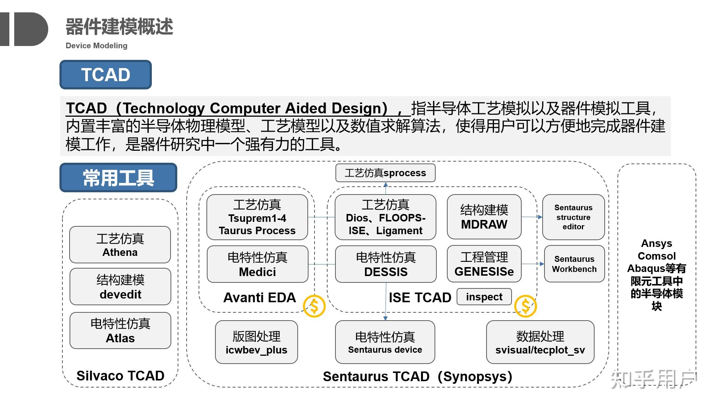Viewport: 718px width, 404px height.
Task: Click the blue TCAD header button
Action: tap(105, 74)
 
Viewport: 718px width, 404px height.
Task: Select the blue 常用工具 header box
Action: tap(118, 178)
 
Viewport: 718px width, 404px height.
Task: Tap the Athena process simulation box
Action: tap(120, 245)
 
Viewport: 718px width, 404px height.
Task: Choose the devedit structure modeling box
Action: tap(120, 287)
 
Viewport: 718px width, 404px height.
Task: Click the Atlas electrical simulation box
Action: tap(120, 331)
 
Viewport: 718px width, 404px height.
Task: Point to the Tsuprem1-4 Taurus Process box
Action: tap(257, 217)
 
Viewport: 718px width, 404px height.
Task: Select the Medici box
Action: tap(257, 264)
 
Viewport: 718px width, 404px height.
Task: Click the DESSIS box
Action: tap(386, 264)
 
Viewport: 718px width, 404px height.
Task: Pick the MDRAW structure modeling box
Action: tap(484, 217)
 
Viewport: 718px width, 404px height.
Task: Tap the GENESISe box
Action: tap(484, 264)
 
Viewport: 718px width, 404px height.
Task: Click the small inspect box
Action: tap(484, 297)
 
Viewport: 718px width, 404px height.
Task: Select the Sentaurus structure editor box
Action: tap(573, 217)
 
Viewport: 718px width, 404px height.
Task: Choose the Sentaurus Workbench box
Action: tap(574, 264)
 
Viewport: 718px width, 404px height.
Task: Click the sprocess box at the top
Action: tap(385, 173)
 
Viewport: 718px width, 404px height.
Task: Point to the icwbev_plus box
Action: tap(256, 342)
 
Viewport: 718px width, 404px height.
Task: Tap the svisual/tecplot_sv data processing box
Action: tap(540, 342)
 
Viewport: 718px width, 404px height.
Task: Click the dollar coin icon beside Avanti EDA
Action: tap(314, 306)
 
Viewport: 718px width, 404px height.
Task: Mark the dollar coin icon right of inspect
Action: tap(525, 306)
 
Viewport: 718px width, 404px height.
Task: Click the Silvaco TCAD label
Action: tap(120, 376)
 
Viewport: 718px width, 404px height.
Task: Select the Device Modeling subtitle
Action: tap(96, 46)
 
